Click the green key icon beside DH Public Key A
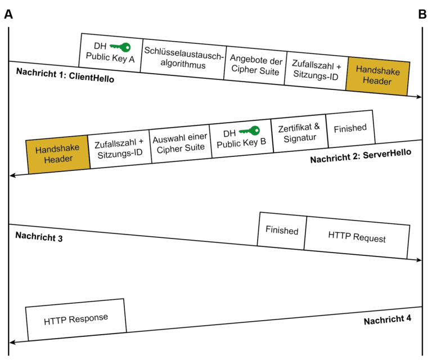[x=120, y=47]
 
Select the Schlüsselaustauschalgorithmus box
[x=183, y=58]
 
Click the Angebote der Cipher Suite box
[x=255, y=66]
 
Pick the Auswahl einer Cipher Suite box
[x=181, y=143]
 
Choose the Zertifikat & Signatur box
[x=299, y=133]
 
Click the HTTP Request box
[x=357, y=237]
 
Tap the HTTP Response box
[x=76, y=319]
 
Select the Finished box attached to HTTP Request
[x=282, y=231]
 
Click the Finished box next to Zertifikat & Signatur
[x=350, y=128]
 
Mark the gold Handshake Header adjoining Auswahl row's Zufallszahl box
[x=58, y=154]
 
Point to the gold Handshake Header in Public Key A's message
[x=377, y=76]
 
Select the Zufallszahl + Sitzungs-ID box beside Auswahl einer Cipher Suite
[x=120, y=148]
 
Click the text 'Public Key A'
[x=110, y=58]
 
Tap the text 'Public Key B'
[x=241, y=143]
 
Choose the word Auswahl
[x=168, y=138]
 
